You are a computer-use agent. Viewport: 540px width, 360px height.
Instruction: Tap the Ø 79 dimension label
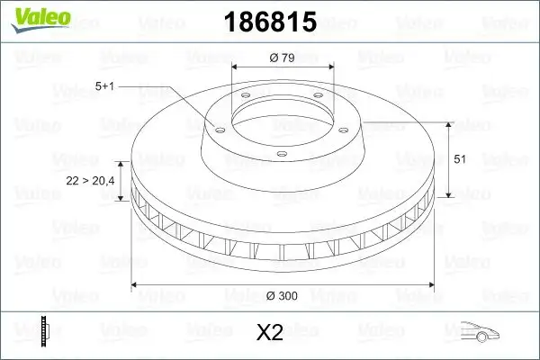(283, 58)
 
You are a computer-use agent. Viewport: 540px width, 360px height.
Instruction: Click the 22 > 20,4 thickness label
(90, 181)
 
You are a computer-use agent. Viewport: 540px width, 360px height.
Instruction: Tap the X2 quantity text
(270, 333)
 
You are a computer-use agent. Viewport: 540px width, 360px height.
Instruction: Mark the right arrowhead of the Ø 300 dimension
(429, 286)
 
